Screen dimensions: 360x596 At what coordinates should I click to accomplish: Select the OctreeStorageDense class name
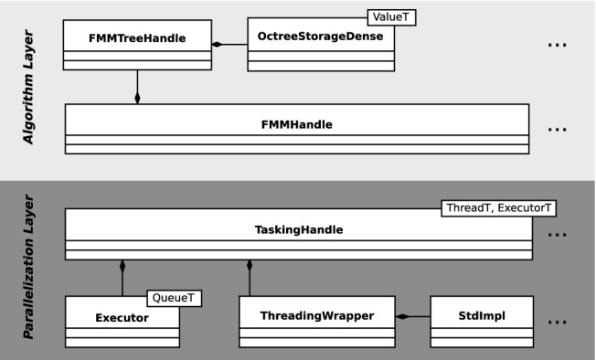coord(321,37)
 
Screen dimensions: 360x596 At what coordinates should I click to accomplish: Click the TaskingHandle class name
coord(297,230)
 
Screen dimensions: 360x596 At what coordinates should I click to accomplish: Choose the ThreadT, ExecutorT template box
coord(497,208)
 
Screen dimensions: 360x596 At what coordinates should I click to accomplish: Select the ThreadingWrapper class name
coord(315,315)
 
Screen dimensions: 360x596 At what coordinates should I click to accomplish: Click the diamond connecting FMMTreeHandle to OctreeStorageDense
coord(218,44)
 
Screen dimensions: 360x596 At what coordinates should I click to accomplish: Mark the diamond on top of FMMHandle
coord(137,97)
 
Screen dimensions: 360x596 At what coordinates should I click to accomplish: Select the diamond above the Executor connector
coord(121,265)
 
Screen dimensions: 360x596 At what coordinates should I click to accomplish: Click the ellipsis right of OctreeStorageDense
coord(557,44)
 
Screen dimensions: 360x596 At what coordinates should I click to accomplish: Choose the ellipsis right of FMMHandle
coord(557,129)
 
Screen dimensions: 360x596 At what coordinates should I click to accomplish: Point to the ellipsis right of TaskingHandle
coord(557,235)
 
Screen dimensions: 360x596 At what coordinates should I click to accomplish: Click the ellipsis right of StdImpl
coord(557,322)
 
